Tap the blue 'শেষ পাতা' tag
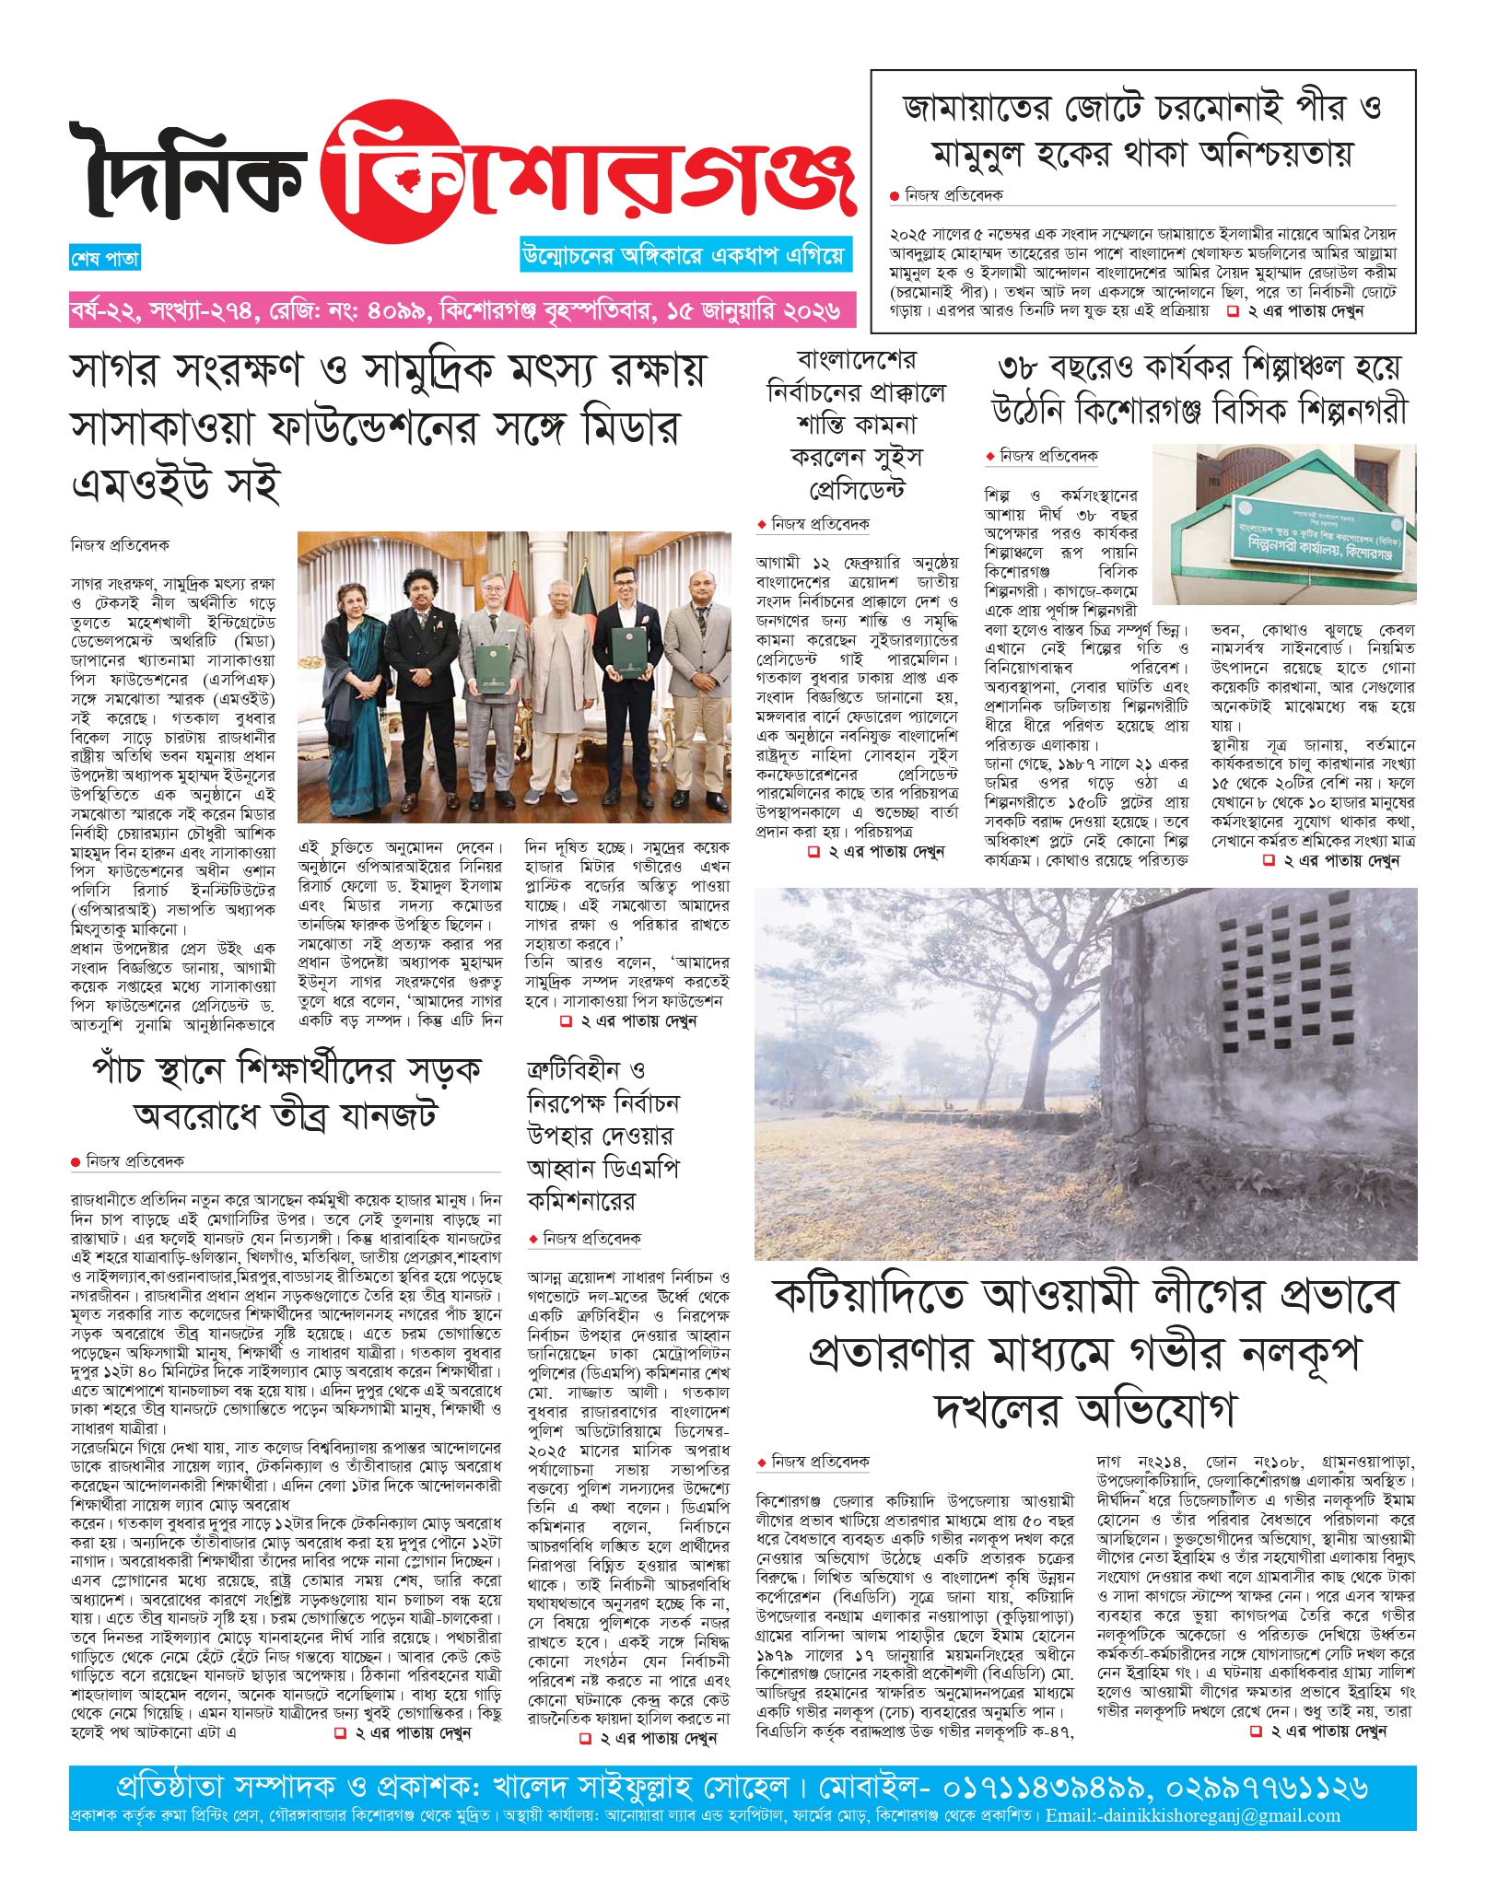[x=104, y=259]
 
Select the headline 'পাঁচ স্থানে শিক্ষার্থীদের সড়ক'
[x=287, y=1070]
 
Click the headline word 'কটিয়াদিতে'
[x=871, y=1297]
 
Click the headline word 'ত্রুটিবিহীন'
[x=575, y=1070]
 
